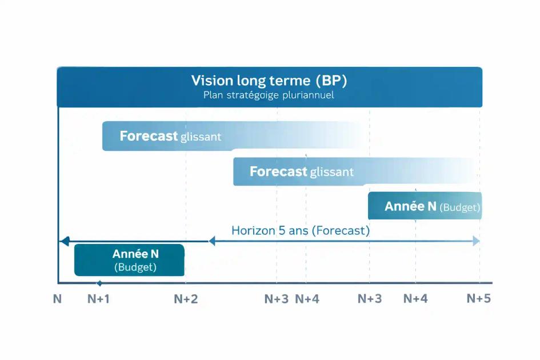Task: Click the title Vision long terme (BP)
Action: [x=269, y=81]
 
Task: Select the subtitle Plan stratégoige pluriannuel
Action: [x=269, y=95]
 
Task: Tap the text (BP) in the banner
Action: [x=331, y=81]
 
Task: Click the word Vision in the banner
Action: [x=210, y=81]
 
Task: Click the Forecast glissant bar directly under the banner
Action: [x=229, y=137]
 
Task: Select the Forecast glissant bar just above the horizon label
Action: [x=354, y=171]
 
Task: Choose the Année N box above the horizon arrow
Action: [x=425, y=206]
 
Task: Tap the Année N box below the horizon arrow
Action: [x=129, y=260]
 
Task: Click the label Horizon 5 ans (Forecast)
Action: [x=301, y=231]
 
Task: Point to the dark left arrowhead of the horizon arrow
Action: [x=65, y=242]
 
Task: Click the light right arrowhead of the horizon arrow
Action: [x=476, y=242]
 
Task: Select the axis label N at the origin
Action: [x=57, y=299]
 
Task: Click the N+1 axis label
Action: [x=98, y=299]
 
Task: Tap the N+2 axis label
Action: [x=186, y=299]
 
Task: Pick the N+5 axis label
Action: [x=478, y=298]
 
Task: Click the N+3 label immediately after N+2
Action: [x=277, y=299]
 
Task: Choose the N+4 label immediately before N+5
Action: [x=415, y=298]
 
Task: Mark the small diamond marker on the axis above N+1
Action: [x=99, y=283]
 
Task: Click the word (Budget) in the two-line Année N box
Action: [x=135, y=267]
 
